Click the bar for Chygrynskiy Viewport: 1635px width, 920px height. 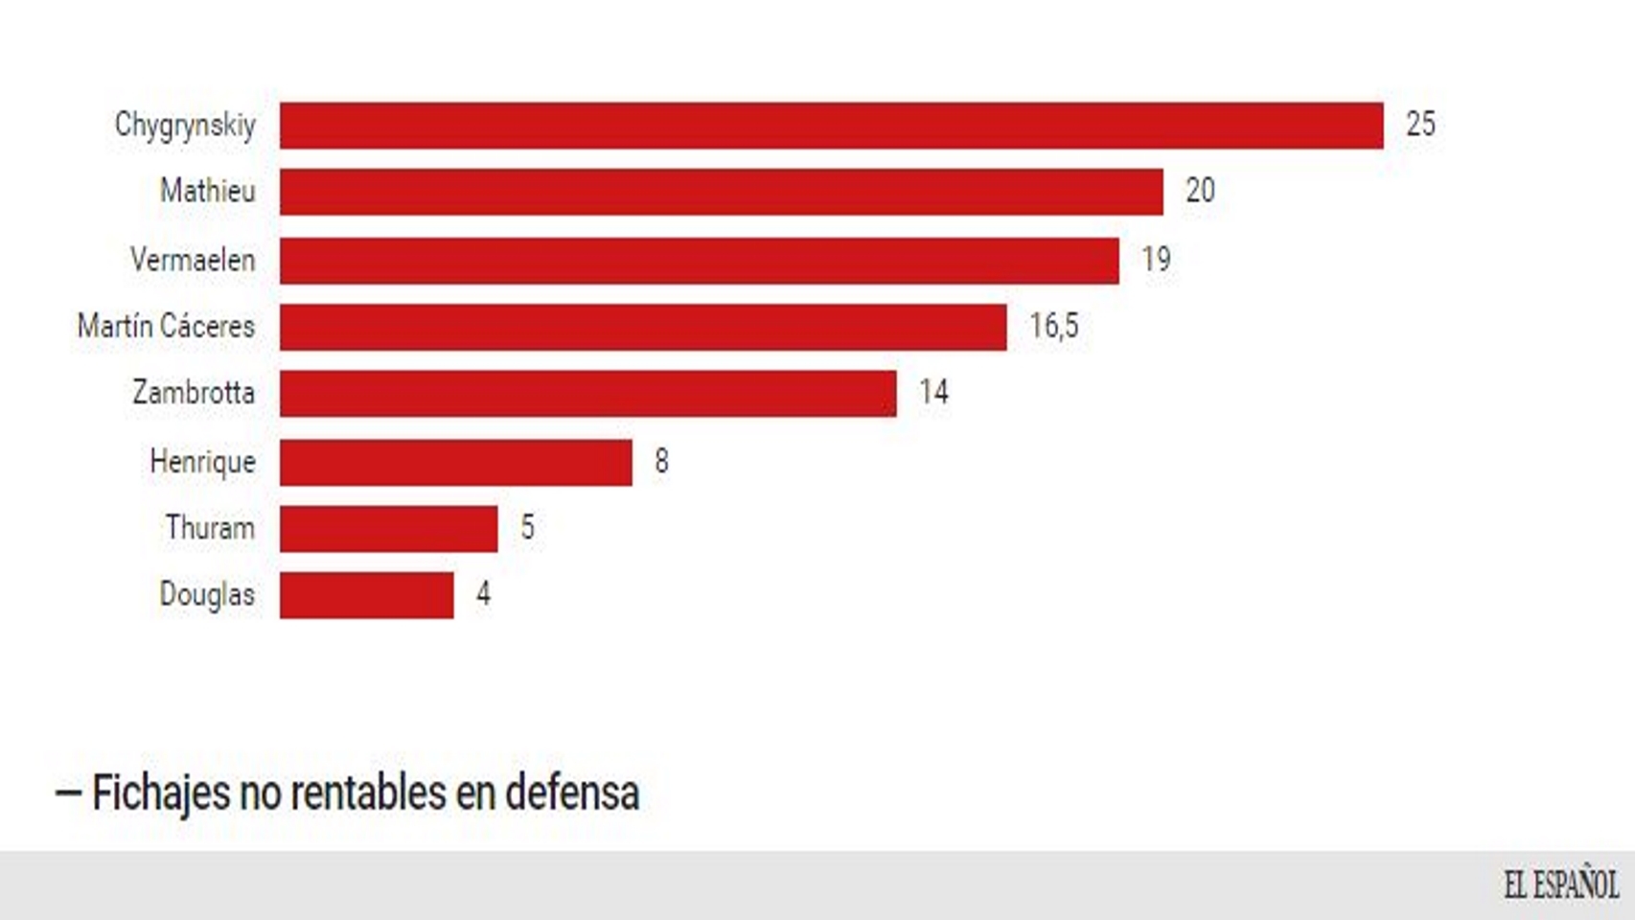(831, 126)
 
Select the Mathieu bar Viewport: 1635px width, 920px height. (721, 192)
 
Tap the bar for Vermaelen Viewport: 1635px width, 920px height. (699, 261)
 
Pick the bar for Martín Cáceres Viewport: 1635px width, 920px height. (643, 328)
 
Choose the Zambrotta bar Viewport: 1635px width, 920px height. (587, 394)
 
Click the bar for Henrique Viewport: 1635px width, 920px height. (455, 463)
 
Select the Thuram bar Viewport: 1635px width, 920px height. (388, 529)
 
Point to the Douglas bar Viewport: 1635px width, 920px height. (366, 595)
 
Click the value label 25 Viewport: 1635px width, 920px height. (1420, 125)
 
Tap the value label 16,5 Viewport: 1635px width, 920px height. (1053, 327)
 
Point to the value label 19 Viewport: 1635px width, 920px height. (1156, 260)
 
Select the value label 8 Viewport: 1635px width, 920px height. (661, 462)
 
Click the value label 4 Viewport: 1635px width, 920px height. (483, 594)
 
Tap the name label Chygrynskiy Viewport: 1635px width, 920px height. (185, 126)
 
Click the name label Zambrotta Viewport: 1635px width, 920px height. (194, 393)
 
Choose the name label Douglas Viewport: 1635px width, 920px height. (207, 595)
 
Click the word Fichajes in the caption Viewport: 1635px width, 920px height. (161, 793)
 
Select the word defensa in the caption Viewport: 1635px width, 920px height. (572, 793)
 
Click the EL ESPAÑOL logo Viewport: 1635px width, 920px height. (1560, 885)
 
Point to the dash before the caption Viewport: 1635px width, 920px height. (68, 793)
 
